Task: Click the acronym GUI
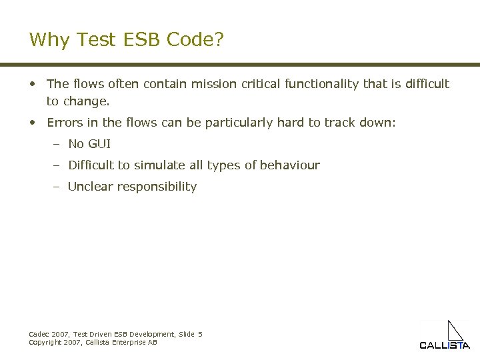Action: pyautogui.click(x=99, y=144)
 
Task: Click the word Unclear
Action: pyautogui.click(x=90, y=187)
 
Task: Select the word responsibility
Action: pyautogui.click(x=157, y=187)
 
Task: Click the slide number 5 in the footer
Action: pyautogui.click(x=200, y=334)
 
